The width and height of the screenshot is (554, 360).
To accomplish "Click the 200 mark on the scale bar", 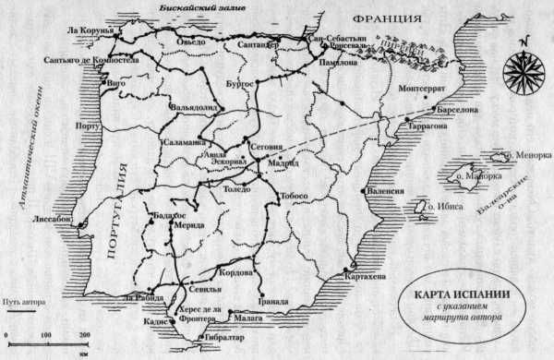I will coord(84,333).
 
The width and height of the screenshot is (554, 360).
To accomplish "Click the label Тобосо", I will coord(295,197).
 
